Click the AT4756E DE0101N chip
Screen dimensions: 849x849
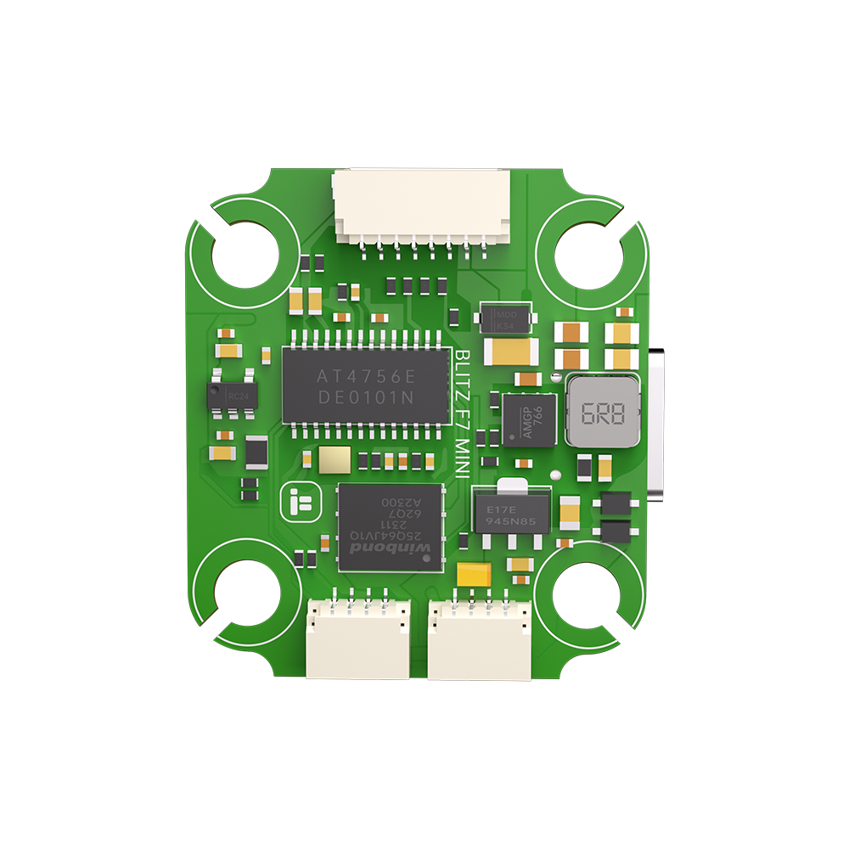tap(365, 387)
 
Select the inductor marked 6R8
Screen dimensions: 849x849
tap(603, 413)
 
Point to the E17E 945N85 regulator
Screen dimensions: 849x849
tap(510, 511)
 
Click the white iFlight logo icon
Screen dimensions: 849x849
tap(298, 503)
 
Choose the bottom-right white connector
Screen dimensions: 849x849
tap(480, 638)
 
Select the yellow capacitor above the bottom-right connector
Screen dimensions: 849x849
tap(474, 575)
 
